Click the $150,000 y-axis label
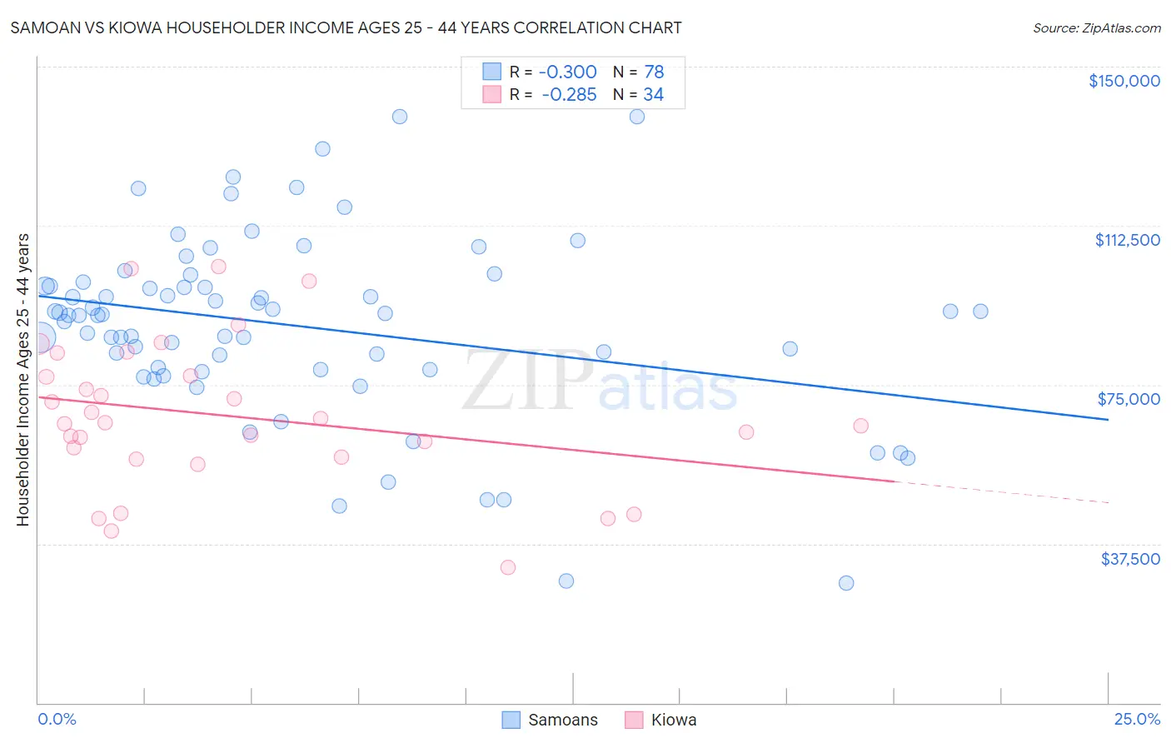point(1124,81)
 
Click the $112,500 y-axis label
point(1127,240)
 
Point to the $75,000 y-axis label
point(1129,399)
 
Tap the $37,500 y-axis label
point(1129,559)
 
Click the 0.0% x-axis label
point(57,719)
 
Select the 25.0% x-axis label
point(1137,719)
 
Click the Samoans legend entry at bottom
point(562,720)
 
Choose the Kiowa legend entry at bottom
point(673,720)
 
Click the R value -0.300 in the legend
point(567,72)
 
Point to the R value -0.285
point(569,95)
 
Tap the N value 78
point(654,72)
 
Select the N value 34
point(653,95)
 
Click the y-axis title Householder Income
point(22,379)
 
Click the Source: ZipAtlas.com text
point(1096,28)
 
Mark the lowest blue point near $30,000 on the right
point(846,583)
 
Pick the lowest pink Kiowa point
point(508,567)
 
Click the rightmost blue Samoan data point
point(980,312)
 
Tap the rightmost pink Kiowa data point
point(861,426)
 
